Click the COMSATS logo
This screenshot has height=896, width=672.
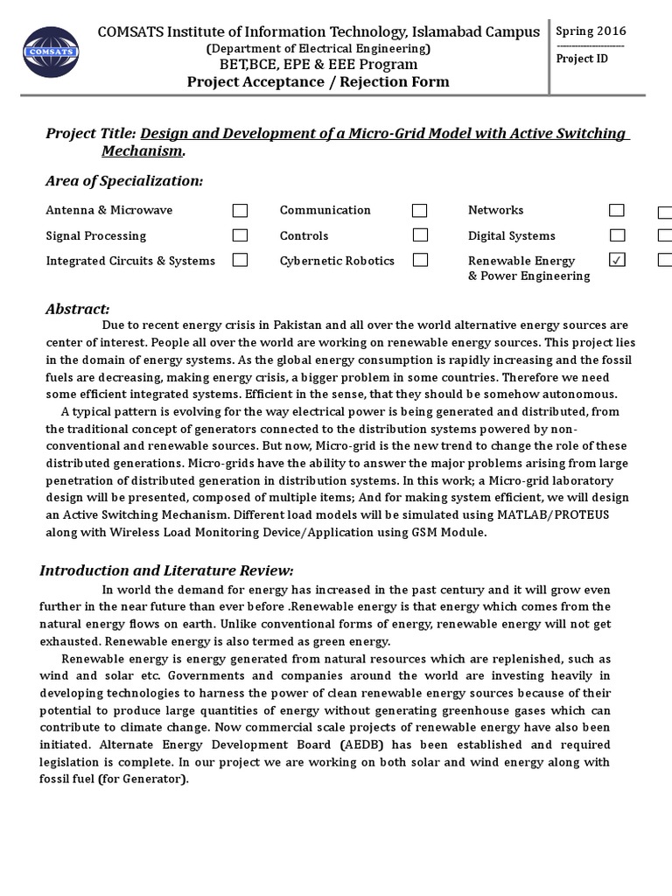tap(50, 52)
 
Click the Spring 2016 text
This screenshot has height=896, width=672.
tap(591, 31)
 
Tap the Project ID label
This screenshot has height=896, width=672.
tap(582, 59)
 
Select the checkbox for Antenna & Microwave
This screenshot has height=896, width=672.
tap(240, 211)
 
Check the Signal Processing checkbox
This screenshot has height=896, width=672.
tap(240, 235)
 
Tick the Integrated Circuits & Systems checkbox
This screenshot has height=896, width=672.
tap(240, 260)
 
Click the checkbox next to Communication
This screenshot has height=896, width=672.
tap(420, 211)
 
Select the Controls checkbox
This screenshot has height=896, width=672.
tap(420, 235)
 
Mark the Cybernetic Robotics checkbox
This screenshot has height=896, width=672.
tap(420, 260)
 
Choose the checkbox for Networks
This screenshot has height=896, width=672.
tap(617, 210)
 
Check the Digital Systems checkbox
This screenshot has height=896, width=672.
tap(617, 235)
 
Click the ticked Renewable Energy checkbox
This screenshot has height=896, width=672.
tap(617, 260)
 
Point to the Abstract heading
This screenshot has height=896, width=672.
tap(77, 309)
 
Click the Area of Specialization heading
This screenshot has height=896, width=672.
tap(123, 180)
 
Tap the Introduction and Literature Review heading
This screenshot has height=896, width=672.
tap(166, 570)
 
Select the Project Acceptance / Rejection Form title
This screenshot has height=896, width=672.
tap(318, 82)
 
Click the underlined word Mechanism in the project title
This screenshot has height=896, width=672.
tap(142, 150)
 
